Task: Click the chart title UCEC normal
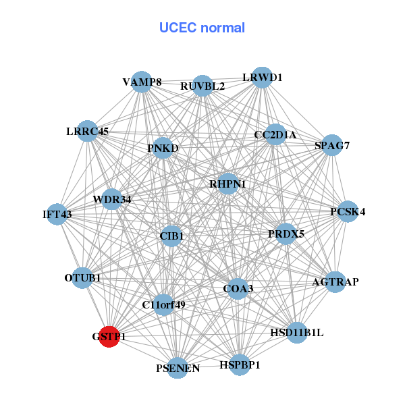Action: (x=202, y=28)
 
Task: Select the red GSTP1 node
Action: (x=109, y=335)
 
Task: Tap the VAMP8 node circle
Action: (x=141, y=81)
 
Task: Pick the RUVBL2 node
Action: (x=202, y=85)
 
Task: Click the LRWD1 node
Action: (x=261, y=78)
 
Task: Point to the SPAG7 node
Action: (x=331, y=144)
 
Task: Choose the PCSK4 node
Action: (x=348, y=211)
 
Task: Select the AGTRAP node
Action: (x=335, y=281)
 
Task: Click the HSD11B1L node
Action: (x=297, y=333)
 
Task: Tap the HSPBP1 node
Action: (x=239, y=364)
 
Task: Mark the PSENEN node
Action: (x=178, y=368)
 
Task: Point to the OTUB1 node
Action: (x=82, y=277)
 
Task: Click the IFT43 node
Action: (x=57, y=214)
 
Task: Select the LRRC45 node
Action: (x=87, y=130)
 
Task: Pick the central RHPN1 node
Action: (x=228, y=184)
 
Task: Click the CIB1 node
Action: (x=171, y=236)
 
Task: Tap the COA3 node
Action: (x=238, y=288)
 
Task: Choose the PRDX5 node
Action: (x=286, y=234)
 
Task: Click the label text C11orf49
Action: (x=163, y=305)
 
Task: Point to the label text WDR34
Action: (x=112, y=199)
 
